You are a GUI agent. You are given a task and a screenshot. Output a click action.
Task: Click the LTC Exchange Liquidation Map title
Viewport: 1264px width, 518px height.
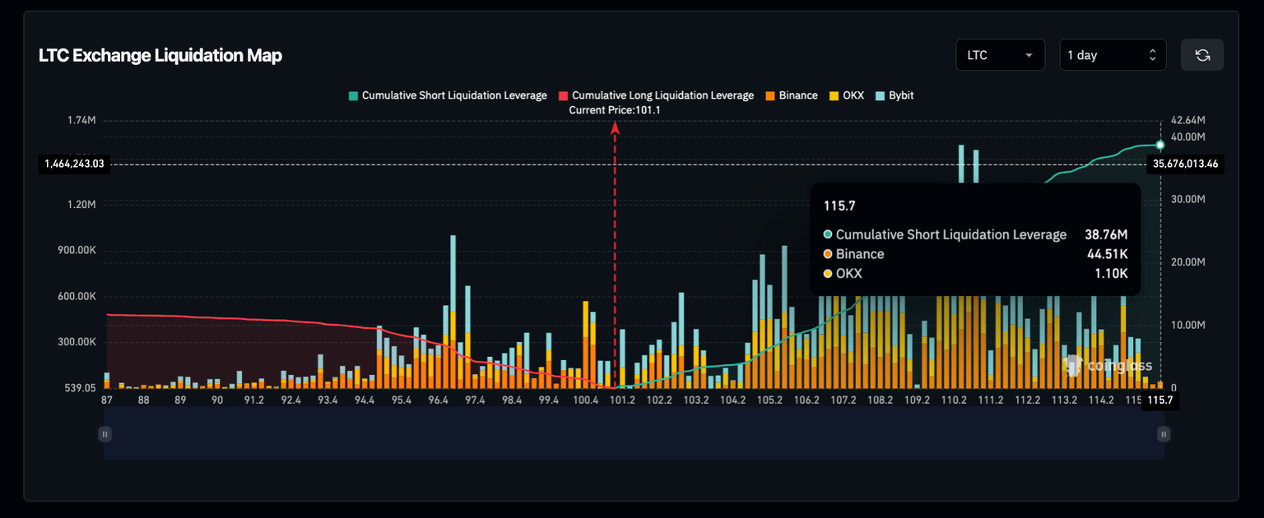(x=160, y=56)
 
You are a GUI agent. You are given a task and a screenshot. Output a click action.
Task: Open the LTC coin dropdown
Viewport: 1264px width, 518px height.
(x=1000, y=55)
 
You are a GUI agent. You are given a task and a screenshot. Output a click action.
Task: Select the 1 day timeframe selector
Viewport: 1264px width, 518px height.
(x=1112, y=55)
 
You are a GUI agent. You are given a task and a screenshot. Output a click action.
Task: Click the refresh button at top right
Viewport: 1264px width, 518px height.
(x=1201, y=55)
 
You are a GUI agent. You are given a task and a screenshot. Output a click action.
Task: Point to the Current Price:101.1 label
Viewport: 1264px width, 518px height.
(x=614, y=109)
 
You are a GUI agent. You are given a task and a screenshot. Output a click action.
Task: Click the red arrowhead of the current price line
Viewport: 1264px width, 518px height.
(x=615, y=127)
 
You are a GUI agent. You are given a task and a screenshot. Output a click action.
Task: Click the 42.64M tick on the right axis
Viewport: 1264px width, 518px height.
(x=1187, y=120)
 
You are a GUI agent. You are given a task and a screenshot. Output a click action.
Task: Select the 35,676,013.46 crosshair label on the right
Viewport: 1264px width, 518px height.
(x=1186, y=164)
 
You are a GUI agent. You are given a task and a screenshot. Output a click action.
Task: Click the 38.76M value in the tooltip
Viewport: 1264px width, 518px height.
(x=1106, y=235)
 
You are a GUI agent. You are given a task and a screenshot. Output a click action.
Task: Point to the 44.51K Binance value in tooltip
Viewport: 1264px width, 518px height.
(x=1107, y=254)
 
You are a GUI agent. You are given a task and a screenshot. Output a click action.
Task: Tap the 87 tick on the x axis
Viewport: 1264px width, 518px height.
(x=107, y=400)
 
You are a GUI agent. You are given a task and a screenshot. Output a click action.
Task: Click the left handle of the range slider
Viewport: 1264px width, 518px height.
(x=105, y=433)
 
